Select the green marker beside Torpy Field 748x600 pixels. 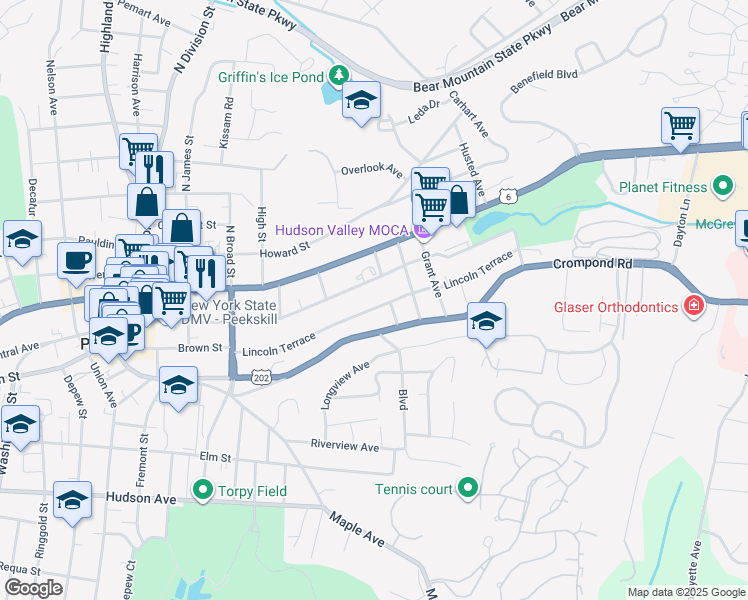click(203, 491)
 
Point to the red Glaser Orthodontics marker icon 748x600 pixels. click(691, 306)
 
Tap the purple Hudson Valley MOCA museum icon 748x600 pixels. click(422, 232)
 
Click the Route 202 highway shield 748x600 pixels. click(262, 378)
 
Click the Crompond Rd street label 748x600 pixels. click(590, 264)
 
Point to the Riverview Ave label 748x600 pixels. click(345, 446)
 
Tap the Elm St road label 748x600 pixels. click(215, 457)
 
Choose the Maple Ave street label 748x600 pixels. click(357, 529)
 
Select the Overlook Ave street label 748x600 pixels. click(371, 170)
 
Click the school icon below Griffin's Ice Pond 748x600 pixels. click(361, 100)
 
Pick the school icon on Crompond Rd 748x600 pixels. click(486, 320)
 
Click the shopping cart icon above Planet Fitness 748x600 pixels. click(680, 126)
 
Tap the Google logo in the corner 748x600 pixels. click(32, 588)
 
